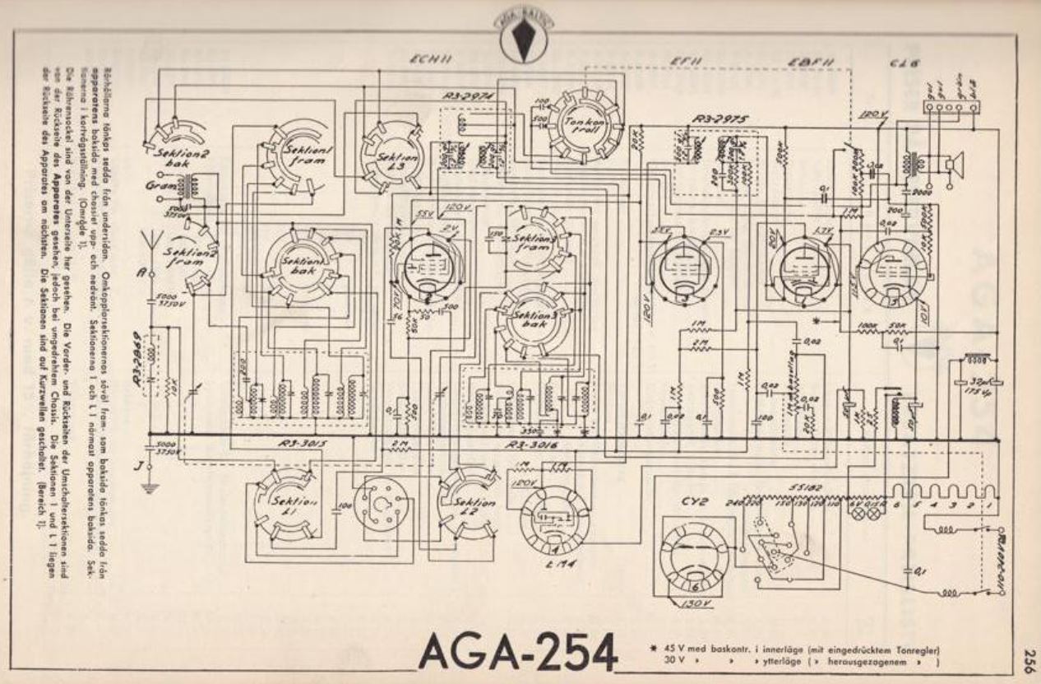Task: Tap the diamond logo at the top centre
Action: click(521, 37)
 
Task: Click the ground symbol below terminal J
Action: click(149, 487)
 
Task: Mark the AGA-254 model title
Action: click(517, 652)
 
